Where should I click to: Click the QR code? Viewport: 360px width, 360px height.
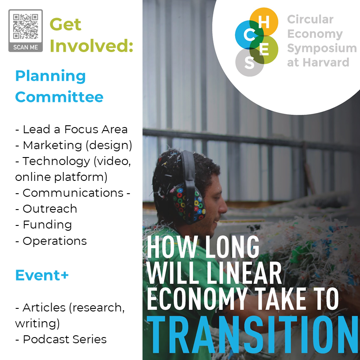[26, 26]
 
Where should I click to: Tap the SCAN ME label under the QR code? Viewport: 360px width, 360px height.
[26, 47]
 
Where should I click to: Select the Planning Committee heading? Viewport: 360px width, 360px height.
[59, 86]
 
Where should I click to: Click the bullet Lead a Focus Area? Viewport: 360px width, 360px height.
[71, 129]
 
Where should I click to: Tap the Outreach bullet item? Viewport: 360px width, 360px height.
[46, 209]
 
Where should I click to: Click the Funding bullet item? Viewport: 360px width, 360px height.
[43, 225]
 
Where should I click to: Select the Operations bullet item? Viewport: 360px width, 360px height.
[51, 241]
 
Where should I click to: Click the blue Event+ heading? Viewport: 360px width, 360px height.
[42, 275]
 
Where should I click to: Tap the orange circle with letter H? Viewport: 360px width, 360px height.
[264, 22]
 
